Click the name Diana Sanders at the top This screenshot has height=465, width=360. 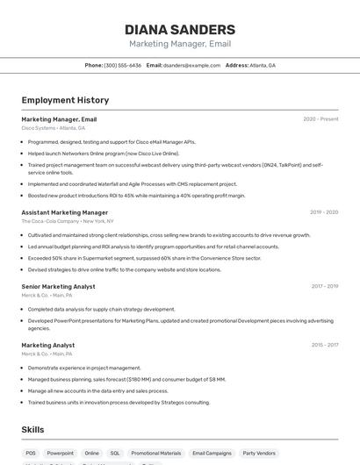click(180, 29)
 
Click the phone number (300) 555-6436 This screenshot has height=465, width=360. click(122, 65)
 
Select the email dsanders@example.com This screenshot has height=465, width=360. click(191, 65)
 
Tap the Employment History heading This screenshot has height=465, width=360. click(65, 100)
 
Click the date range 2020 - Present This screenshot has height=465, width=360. click(320, 119)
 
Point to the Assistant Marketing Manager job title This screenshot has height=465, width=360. click(64, 212)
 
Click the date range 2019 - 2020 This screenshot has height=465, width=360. click(324, 212)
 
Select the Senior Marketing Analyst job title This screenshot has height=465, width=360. click(58, 286)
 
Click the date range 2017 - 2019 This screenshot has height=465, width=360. click(324, 286)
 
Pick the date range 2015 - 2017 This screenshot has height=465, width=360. click(324, 346)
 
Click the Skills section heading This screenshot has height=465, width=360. click(32, 430)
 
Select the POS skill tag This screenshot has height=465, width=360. click(31, 454)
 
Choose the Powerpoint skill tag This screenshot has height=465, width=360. click(61, 454)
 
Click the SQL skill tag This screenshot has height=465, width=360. click(115, 454)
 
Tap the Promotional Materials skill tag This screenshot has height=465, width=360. click(155, 454)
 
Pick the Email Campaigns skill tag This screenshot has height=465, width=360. click(212, 454)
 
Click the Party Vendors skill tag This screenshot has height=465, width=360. click(259, 454)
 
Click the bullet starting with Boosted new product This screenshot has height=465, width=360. click(136, 196)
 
